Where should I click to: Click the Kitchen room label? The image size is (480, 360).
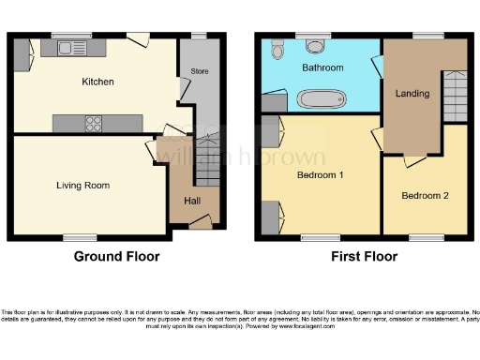coord(97,82)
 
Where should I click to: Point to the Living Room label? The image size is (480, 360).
coord(82,186)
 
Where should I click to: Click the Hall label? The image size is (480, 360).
coord(191,200)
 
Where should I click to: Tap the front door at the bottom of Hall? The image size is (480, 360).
coord(199,222)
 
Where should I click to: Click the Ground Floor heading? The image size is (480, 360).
coord(118,257)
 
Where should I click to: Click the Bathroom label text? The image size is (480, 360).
coord(322,68)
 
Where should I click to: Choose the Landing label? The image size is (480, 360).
coord(412,94)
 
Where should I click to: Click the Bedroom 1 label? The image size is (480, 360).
coord(321,175)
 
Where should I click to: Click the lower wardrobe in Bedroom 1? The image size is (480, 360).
coord(270,218)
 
